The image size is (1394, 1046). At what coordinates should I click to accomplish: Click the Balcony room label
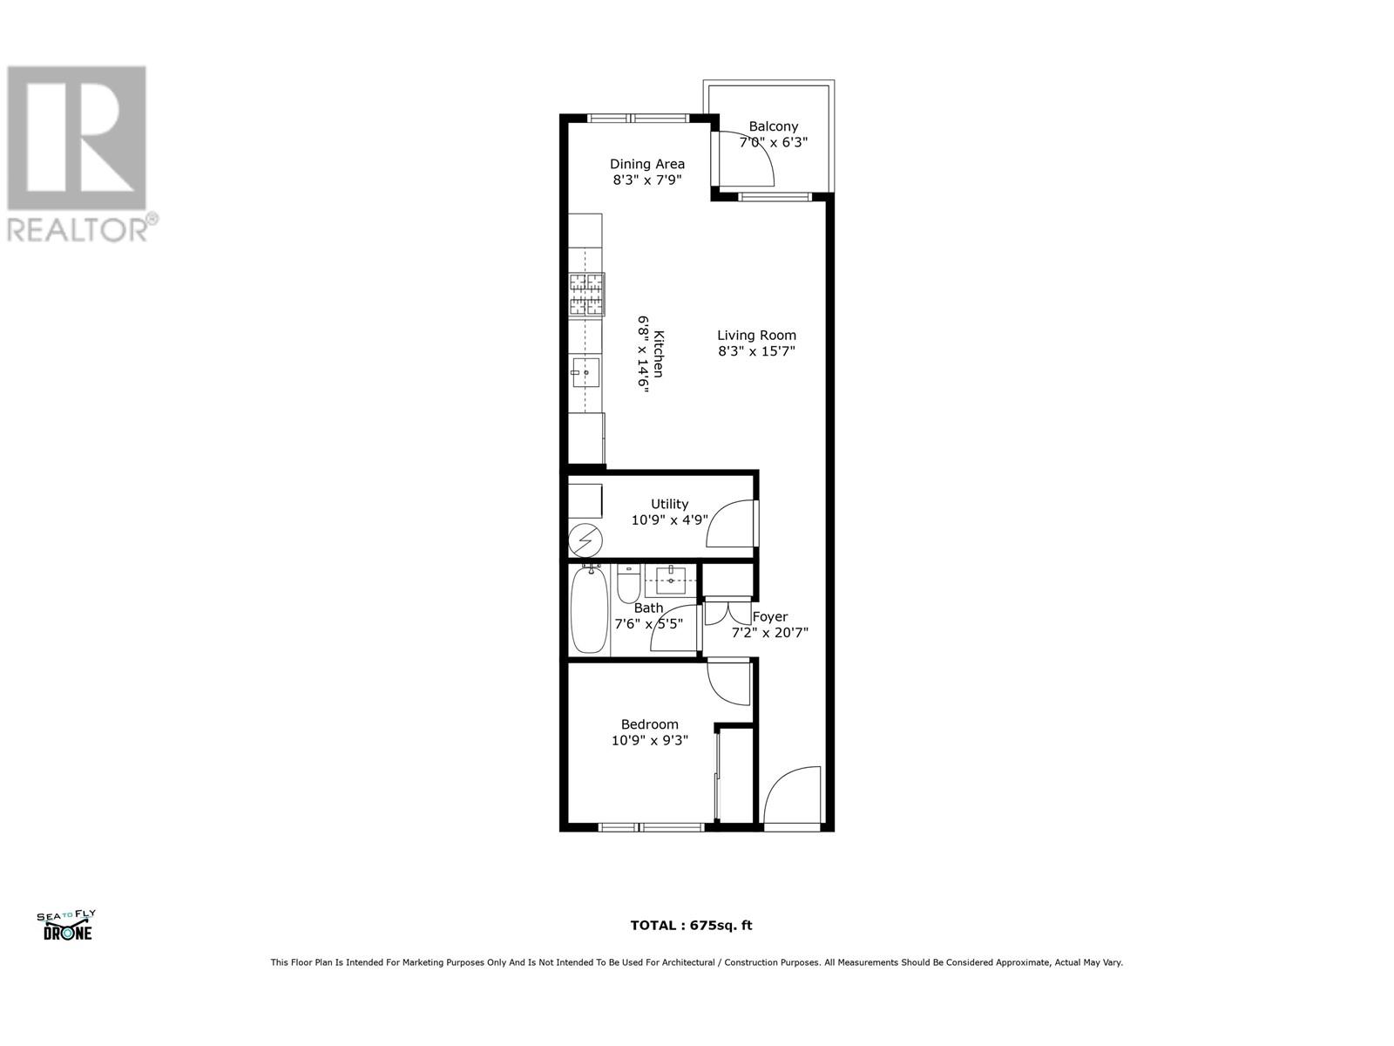(773, 126)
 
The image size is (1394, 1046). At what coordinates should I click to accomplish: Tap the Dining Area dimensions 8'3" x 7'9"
(646, 180)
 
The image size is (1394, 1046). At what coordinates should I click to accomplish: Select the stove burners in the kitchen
(586, 294)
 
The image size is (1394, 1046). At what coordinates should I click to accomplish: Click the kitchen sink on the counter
(585, 372)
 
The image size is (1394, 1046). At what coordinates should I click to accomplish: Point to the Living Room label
(756, 335)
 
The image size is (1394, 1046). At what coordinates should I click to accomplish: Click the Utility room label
(669, 504)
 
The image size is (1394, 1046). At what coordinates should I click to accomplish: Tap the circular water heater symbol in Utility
(584, 541)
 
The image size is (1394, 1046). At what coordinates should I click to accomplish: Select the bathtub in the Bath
(589, 610)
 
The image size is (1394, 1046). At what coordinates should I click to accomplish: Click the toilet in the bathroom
(628, 585)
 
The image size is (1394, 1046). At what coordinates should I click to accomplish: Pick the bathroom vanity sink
(672, 580)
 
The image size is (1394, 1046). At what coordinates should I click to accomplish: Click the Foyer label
(770, 616)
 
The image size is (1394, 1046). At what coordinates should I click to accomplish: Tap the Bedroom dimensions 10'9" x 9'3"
(649, 741)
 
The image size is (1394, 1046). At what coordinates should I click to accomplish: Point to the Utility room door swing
(732, 523)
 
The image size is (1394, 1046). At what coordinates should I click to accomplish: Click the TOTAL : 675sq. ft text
(691, 926)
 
